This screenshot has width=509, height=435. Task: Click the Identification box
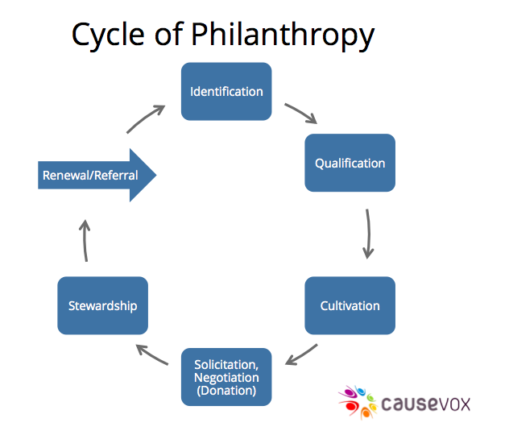pos(226,92)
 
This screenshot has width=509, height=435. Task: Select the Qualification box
pos(350,163)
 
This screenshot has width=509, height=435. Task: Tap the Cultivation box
pos(350,305)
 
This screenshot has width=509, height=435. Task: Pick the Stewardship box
pos(102,305)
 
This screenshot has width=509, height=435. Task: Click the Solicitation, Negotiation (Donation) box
pos(226,377)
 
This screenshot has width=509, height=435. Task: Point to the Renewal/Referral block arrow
pos(97,175)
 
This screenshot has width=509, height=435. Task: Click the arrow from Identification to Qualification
pos(301,113)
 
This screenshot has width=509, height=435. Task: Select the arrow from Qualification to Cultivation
pos(369,234)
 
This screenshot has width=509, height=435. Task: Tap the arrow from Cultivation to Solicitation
pos(302,355)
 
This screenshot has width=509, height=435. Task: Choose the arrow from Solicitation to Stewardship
pos(151,354)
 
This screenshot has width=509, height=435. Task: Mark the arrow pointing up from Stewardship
pos(85,240)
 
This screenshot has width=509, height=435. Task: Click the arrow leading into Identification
pos(145,118)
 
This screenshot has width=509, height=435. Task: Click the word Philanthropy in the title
pos(283,35)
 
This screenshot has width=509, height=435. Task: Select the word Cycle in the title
pos(108,35)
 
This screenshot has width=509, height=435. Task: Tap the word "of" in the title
pos(169,34)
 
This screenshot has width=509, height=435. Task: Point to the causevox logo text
pos(425,404)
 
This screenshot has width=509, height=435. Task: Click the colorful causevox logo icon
pos(358,402)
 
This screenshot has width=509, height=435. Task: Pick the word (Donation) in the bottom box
pos(226,390)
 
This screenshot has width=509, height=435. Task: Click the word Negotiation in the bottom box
pos(226,377)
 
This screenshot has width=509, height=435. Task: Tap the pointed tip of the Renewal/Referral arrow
pos(156,175)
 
